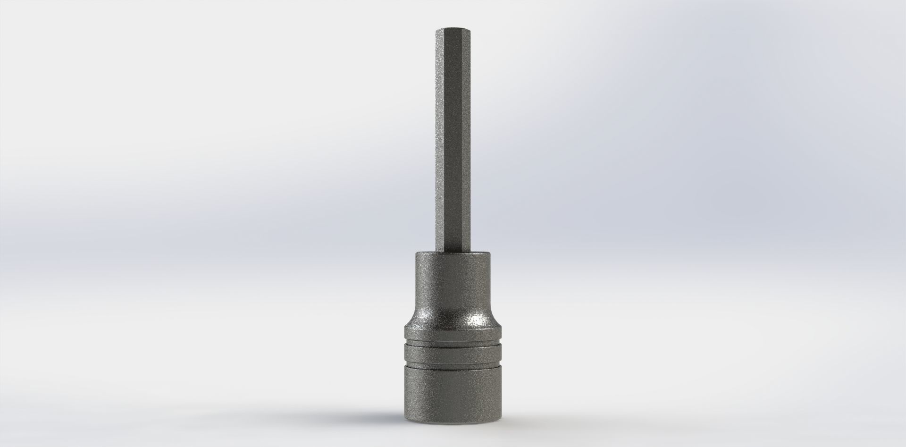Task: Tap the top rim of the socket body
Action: [453, 253]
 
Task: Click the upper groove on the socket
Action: [453, 343]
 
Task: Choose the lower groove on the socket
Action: [453, 364]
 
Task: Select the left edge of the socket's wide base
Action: [405, 387]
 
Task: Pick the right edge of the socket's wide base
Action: [501, 387]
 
